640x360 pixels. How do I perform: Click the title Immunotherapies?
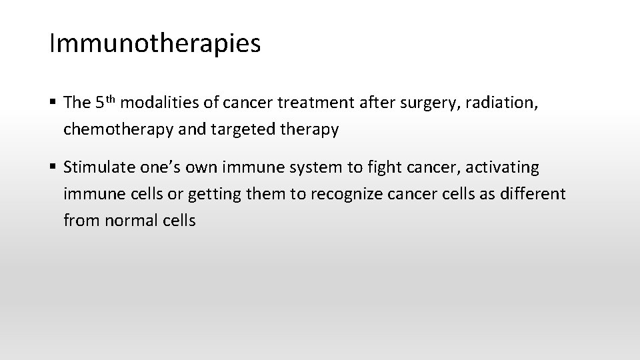(x=155, y=44)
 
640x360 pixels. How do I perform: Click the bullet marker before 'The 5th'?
(x=53, y=103)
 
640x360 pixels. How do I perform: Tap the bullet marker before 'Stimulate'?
(x=53, y=166)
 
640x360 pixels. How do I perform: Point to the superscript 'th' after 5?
(x=112, y=99)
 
